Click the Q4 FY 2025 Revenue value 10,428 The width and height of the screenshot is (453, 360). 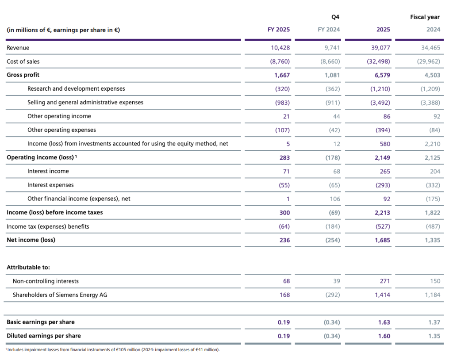(x=280, y=48)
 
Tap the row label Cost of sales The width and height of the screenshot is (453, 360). (x=23, y=61)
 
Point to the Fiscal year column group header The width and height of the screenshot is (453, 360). (x=425, y=17)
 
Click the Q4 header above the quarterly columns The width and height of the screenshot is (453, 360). (x=335, y=17)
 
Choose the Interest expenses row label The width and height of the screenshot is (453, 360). (x=50, y=185)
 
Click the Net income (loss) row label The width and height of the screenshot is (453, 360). (x=31, y=240)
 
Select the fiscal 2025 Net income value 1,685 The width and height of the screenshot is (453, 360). (x=382, y=240)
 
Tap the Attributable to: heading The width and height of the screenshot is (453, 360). (x=28, y=267)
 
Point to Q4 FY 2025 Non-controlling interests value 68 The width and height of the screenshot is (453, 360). (x=285, y=281)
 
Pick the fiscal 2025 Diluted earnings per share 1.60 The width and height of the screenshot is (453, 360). (x=384, y=336)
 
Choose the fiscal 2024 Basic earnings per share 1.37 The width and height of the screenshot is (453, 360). (x=434, y=322)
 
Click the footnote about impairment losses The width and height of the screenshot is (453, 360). (x=113, y=350)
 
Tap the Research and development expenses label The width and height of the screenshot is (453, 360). (x=76, y=89)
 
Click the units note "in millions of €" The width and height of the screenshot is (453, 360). (x=63, y=30)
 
